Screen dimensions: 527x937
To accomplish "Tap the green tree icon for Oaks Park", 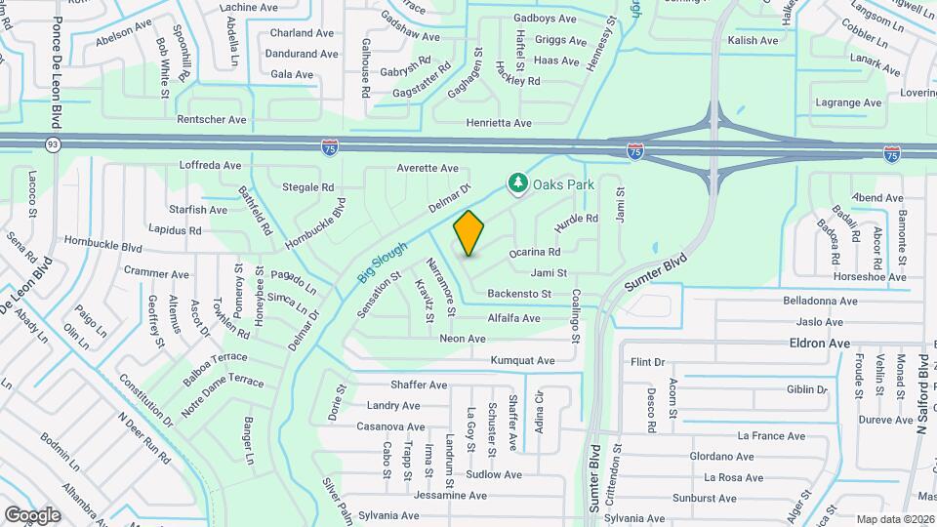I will (516, 182).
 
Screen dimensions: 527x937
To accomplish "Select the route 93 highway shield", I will (52, 144).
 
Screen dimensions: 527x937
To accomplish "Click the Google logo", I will (32, 514).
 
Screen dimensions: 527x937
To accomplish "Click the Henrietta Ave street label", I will (499, 123).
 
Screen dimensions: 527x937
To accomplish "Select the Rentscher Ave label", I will (212, 119).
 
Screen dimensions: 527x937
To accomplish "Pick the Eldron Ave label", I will (820, 344).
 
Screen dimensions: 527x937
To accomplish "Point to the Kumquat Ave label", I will (524, 360).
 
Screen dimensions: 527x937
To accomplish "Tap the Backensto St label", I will (519, 293).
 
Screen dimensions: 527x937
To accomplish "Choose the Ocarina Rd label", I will (534, 252).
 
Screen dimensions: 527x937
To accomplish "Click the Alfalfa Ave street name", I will (513, 318).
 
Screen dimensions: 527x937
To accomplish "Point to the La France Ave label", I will (771, 436).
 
